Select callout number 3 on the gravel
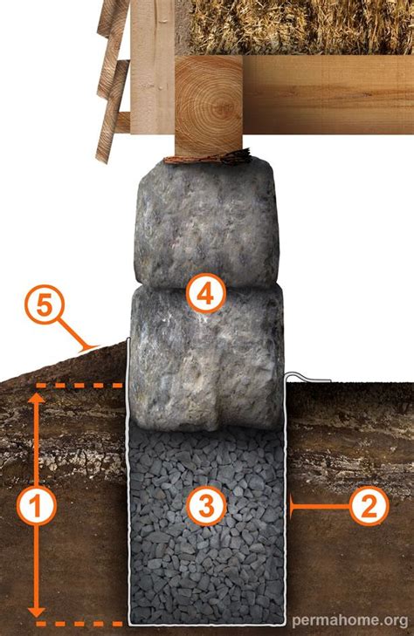point(207,504)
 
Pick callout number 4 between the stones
point(206,294)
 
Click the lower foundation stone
point(206,366)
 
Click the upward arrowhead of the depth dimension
point(36,400)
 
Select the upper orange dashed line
point(79,385)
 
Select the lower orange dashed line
point(79,624)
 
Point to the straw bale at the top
point(297,26)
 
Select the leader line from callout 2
point(319,504)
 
